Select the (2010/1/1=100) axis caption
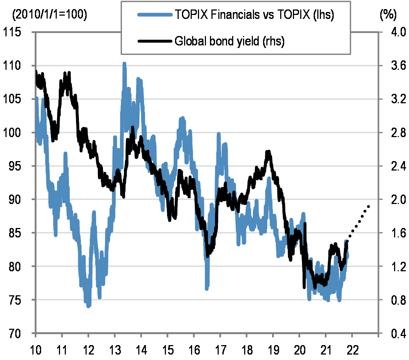coord(49,15)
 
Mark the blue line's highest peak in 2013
coord(124,64)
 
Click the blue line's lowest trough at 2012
coord(88,306)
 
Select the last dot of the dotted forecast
coord(368,207)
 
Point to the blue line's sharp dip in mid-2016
coord(207,288)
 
